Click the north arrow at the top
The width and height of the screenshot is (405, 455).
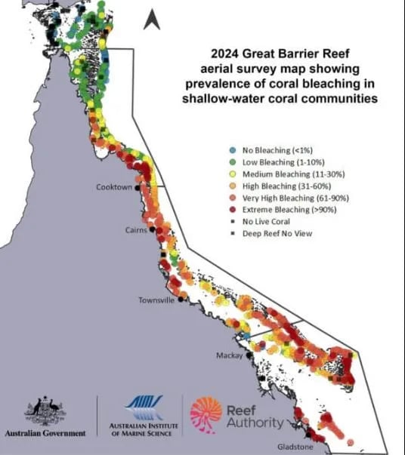(x=152, y=20)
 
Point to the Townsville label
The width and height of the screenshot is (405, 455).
(x=156, y=300)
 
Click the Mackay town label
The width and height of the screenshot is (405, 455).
(x=229, y=355)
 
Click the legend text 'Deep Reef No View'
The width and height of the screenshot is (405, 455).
(x=278, y=233)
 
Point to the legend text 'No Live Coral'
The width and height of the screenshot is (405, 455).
(x=268, y=221)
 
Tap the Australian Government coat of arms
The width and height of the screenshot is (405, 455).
(x=45, y=411)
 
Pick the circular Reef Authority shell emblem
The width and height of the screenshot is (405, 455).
(x=206, y=416)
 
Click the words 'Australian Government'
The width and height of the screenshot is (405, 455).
(x=45, y=434)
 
